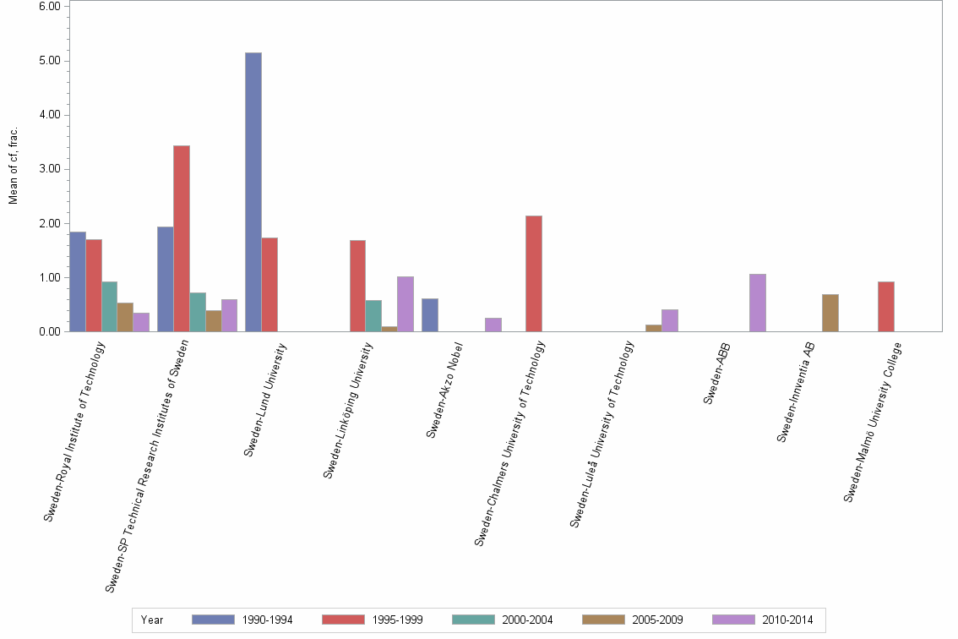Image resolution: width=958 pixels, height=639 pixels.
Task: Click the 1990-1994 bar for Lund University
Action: coord(253,192)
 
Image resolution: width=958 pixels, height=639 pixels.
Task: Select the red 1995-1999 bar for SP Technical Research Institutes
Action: coord(182,238)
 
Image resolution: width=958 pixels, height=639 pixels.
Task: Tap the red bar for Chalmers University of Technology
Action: coord(534,274)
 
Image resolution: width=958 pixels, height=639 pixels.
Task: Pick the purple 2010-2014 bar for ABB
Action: coord(757,303)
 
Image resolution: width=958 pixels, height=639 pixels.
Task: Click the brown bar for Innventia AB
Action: coord(830,313)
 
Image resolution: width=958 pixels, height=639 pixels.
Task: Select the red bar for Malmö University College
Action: coord(885,306)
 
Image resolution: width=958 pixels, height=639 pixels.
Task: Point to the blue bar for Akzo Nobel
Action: coord(429,314)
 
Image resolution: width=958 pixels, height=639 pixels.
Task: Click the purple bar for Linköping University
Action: coord(406,303)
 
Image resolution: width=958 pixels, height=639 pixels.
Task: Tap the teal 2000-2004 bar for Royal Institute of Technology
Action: coord(110,306)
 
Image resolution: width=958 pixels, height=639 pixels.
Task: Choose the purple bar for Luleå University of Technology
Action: coord(670,320)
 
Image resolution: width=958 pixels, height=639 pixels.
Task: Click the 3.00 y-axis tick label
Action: coord(49,169)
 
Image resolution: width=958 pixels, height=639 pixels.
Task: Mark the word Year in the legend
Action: coord(153,620)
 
